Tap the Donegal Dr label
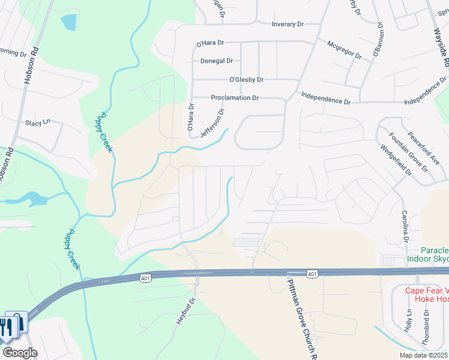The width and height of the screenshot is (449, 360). click(217, 61)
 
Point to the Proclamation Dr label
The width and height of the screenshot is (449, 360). click(235, 98)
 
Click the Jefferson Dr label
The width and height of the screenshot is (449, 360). click(212, 124)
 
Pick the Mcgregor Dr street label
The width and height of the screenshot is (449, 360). click(345, 50)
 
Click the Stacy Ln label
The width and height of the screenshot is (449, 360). click(37, 123)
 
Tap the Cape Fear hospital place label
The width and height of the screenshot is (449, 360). click(426, 295)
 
